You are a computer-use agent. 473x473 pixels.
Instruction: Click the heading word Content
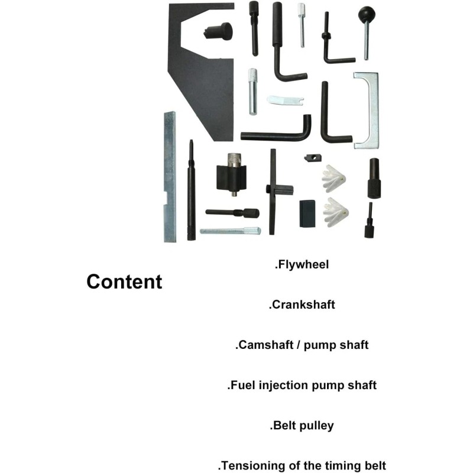click(x=124, y=282)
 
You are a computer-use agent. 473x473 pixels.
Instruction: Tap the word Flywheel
click(x=303, y=264)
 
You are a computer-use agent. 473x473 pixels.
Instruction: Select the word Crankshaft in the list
click(x=303, y=304)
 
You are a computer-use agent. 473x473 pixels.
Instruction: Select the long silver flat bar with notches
click(x=170, y=177)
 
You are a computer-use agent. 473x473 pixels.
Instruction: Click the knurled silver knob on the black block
click(x=234, y=160)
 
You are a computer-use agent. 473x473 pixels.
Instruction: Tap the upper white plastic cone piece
click(x=333, y=179)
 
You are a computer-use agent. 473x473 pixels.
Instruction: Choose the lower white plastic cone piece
click(x=335, y=212)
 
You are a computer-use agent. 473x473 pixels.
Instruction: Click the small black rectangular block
click(x=307, y=213)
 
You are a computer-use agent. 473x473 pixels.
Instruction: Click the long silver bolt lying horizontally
click(x=230, y=231)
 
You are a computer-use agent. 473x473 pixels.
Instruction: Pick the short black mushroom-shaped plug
click(x=219, y=31)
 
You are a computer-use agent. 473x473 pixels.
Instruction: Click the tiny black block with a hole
click(x=313, y=158)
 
